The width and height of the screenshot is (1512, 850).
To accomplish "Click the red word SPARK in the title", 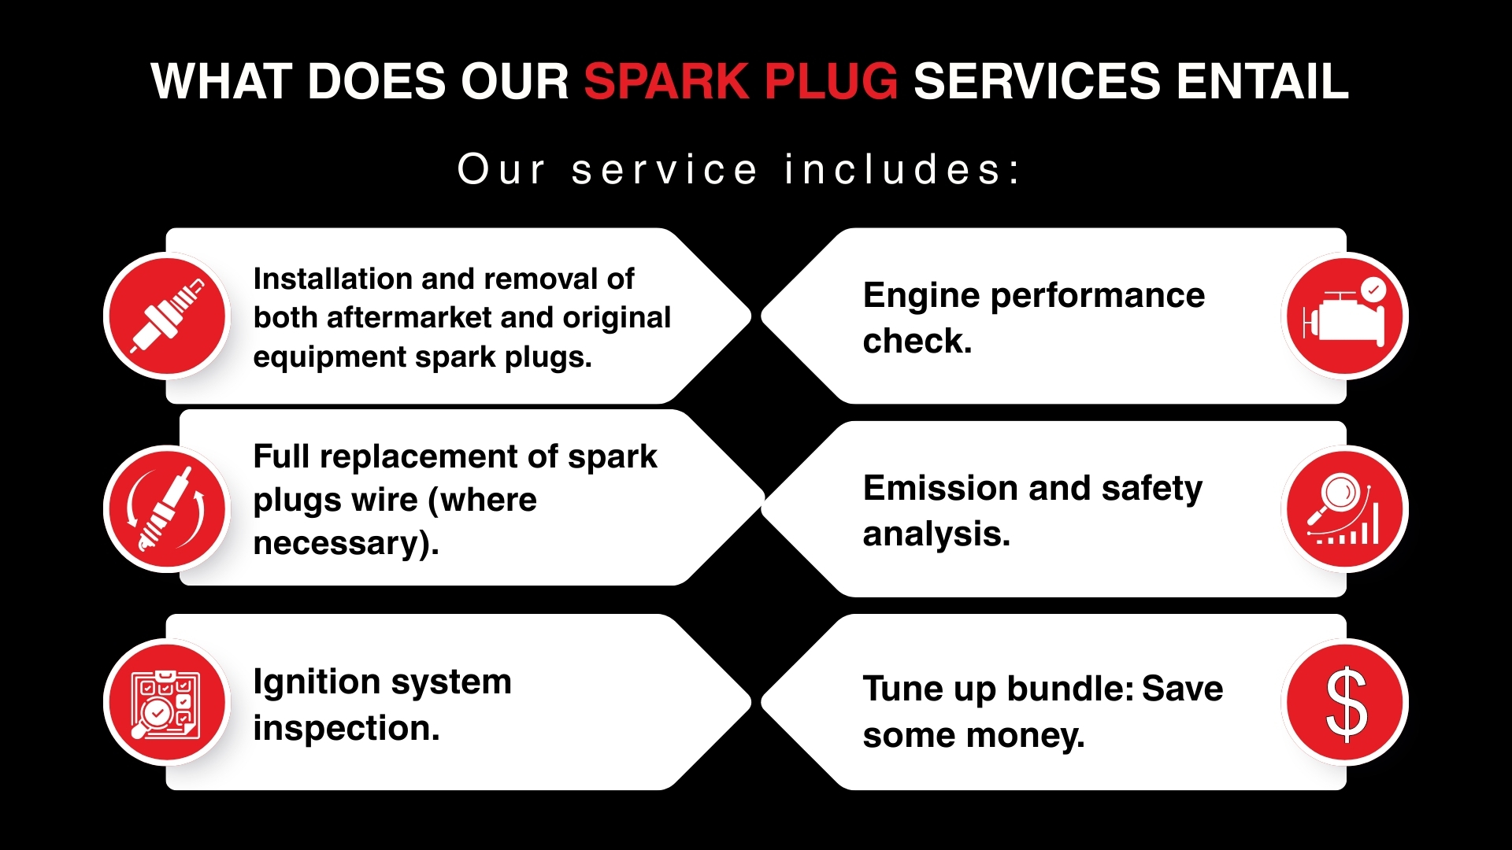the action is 666,82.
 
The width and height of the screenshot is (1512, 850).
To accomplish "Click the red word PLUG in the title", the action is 831,82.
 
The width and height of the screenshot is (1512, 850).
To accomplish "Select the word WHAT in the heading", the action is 221,82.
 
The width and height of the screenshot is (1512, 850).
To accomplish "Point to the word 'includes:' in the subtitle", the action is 902,169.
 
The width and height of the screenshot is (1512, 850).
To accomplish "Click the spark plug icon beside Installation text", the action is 167,316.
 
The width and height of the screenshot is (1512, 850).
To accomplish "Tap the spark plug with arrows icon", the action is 167,509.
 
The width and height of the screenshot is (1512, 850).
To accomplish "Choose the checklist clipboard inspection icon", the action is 167,702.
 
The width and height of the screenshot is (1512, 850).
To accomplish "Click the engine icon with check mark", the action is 1345,316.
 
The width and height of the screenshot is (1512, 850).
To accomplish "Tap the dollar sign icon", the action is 1345,702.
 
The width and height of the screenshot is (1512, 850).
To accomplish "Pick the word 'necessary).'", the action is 346,544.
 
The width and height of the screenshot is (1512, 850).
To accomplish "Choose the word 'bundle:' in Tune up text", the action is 1070,689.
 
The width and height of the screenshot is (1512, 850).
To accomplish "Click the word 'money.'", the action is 1025,737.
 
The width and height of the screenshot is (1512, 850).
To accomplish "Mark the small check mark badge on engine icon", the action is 1373,290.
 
